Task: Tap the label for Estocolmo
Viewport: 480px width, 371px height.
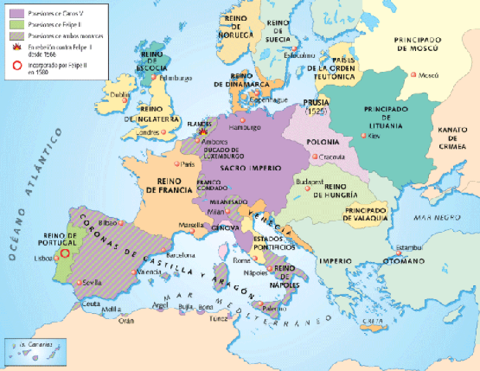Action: tap(298, 56)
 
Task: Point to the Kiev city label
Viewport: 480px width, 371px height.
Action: tap(376, 136)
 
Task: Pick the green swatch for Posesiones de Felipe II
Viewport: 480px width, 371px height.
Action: tap(13, 24)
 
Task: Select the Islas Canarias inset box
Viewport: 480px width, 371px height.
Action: tap(30, 349)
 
